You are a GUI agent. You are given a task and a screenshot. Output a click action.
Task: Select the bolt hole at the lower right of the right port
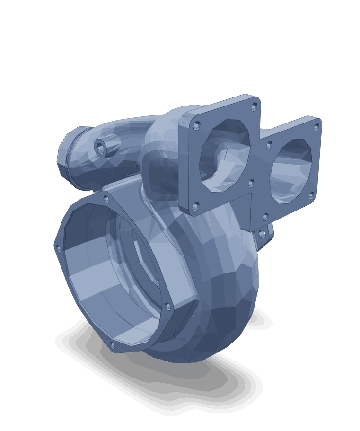pyautogui.click(x=311, y=194)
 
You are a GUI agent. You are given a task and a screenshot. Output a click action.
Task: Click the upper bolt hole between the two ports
pyautogui.click(x=269, y=145)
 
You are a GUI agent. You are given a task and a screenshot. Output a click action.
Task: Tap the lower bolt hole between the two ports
pyautogui.click(x=251, y=182)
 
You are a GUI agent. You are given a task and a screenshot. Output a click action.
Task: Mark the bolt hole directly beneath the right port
pyautogui.click(x=265, y=217)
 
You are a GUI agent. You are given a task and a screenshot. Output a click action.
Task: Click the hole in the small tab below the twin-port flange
pyautogui.click(x=262, y=234)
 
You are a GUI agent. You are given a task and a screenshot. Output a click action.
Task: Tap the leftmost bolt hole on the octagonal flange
pyautogui.click(x=59, y=247)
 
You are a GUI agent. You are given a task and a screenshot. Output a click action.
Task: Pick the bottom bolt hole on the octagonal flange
pyautogui.click(x=112, y=345)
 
